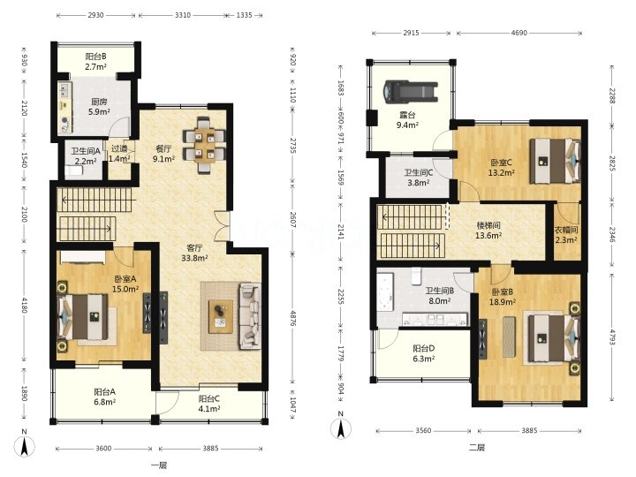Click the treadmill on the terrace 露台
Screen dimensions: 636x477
tap(411, 91)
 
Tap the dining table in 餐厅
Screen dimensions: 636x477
tap(204, 145)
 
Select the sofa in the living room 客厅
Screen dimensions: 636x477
tap(250, 316)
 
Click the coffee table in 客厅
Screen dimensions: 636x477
tap(221, 316)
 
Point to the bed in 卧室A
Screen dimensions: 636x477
tap(83, 317)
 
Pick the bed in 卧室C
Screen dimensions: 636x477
tap(555, 161)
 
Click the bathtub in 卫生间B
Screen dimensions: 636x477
tap(385, 293)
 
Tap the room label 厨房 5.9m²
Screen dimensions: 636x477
tap(99, 107)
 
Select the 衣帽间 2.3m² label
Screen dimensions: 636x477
tap(566, 235)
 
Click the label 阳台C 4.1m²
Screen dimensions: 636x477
tap(208, 404)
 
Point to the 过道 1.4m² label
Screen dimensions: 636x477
tap(119, 154)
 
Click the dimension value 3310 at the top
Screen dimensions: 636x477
tap(183, 15)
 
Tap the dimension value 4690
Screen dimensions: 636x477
tap(519, 33)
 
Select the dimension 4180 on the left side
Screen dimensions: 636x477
tap(25, 305)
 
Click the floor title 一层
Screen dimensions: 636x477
tap(159, 466)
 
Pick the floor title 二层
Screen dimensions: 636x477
tap(477, 448)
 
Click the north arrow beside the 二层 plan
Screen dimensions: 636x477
tap(341, 427)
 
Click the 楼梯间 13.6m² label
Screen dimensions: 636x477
tap(488, 230)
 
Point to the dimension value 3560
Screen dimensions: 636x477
tap(423, 430)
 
